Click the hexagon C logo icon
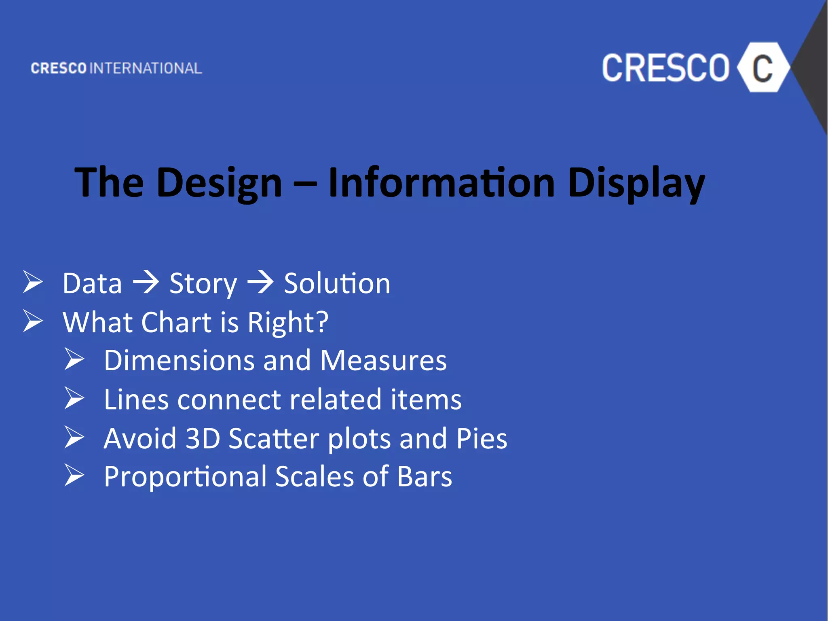point(763,68)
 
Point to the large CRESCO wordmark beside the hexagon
point(665,68)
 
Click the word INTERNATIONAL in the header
point(146,68)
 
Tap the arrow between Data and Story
point(146,283)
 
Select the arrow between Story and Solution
point(260,283)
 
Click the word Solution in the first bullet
point(337,283)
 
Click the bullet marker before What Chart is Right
point(33,321)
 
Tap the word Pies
point(482,438)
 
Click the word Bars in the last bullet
point(425,477)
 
